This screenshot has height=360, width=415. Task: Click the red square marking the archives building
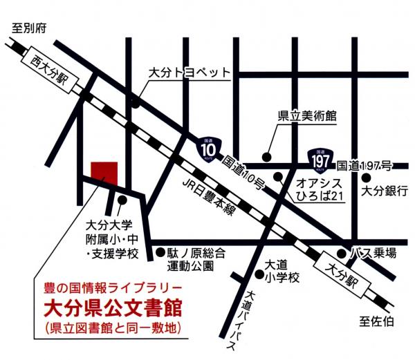(x=105, y=172)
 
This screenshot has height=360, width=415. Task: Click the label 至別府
(x=29, y=29)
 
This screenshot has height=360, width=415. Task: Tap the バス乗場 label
(x=375, y=253)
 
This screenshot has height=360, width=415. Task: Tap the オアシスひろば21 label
(x=320, y=190)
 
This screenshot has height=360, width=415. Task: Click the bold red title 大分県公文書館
(x=110, y=304)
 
